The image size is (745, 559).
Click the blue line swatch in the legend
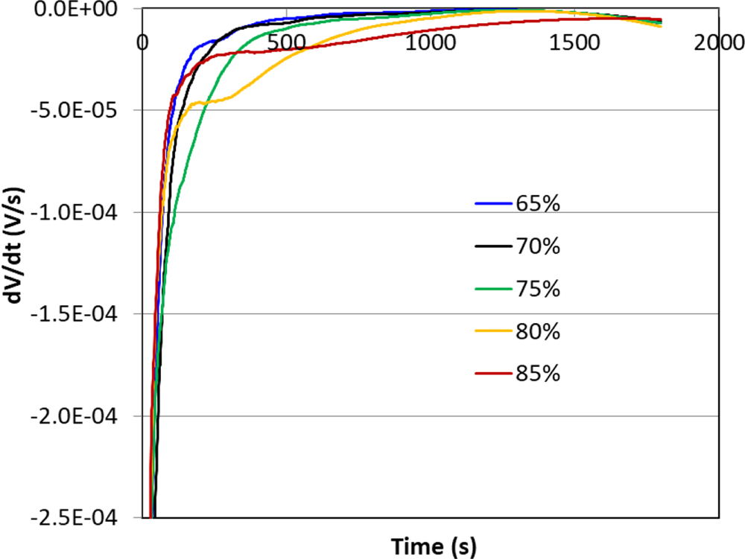(x=492, y=203)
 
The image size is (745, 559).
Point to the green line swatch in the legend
(x=492, y=289)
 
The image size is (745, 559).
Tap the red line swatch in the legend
(x=492, y=374)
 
